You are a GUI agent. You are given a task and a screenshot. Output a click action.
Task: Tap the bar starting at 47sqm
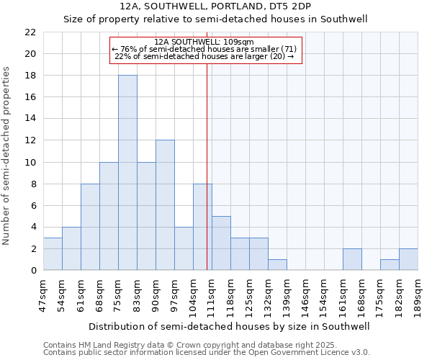click(53, 253)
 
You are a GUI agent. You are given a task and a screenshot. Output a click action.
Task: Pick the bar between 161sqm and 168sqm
click(352, 259)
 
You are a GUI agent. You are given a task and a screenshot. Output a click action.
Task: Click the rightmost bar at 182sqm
click(408, 259)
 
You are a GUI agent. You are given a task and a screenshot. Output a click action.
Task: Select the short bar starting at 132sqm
click(277, 264)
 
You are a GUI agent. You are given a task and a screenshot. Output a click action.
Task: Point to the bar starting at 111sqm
click(221, 243)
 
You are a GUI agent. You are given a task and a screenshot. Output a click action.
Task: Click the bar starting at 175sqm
click(390, 264)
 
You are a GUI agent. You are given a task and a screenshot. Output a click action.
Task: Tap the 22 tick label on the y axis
click(30, 32)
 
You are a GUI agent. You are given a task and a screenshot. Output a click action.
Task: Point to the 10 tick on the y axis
click(30, 162)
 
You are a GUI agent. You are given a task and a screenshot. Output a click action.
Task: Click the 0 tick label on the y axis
click(33, 270)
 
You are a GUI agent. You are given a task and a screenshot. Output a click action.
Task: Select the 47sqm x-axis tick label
click(43, 292)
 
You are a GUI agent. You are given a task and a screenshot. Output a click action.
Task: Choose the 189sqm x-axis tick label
click(418, 292)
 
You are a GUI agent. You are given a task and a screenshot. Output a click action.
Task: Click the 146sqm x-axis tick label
click(305, 292)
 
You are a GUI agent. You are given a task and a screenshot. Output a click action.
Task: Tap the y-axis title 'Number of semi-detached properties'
click(7, 155)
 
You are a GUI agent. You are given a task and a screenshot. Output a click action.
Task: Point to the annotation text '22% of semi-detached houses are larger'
click(204, 57)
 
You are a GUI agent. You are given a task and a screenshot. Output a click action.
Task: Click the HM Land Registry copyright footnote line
click(206, 345)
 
